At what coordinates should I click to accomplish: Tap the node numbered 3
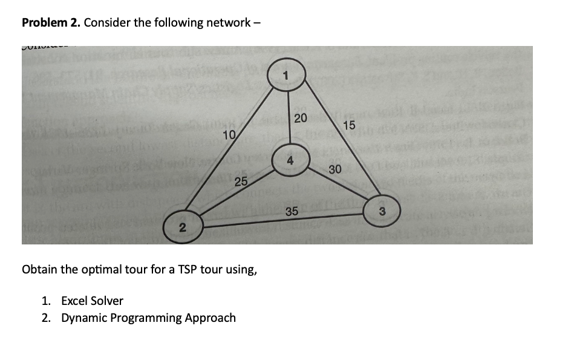[x=382, y=211]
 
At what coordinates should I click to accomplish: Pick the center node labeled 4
[x=290, y=160]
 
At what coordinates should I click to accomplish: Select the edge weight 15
[x=349, y=125]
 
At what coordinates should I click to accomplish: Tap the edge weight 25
[x=241, y=182]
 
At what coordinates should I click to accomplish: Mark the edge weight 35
[x=292, y=211]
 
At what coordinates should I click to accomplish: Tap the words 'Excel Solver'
[x=92, y=301]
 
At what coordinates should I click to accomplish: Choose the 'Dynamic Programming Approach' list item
[x=148, y=318]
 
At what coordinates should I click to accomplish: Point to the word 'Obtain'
[x=40, y=269]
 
